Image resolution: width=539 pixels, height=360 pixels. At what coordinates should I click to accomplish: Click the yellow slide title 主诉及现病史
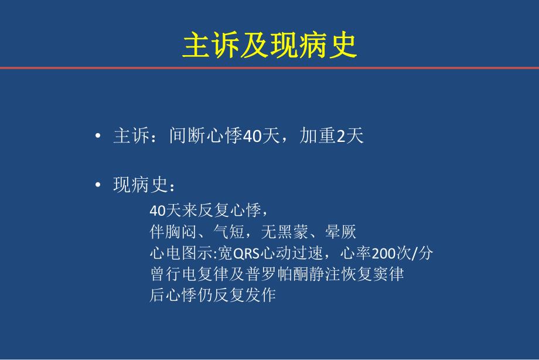269,46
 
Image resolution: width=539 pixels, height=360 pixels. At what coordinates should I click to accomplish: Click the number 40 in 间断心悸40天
251,137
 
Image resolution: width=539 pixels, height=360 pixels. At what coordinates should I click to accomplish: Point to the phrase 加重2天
332,137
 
